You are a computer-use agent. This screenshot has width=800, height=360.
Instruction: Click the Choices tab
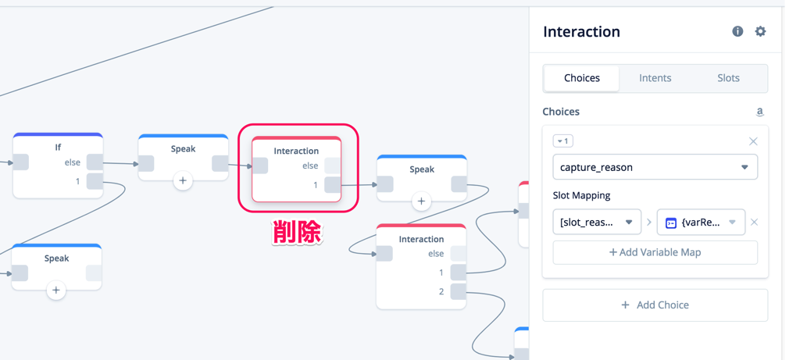pyautogui.click(x=581, y=78)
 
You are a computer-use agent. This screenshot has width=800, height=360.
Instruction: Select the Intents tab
pyautogui.click(x=655, y=78)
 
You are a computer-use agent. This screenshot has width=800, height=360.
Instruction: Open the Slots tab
pyautogui.click(x=728, y=78)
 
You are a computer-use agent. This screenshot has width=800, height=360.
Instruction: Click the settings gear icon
pyautogui.click(x=760, y=31)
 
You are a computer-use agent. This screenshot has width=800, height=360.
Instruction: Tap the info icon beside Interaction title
pyautogui.click(x=737, y=31)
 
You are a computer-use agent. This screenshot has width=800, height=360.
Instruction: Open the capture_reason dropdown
pyautogui.click(x=655, y=167)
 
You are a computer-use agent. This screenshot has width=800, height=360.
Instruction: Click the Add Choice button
pyautogui.click(x=655, y=305)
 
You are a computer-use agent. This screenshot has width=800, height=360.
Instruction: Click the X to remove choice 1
pyautogui.click(x=753, y=141)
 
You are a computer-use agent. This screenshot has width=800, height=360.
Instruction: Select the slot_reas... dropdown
pyautogui.click(x=596, y=223)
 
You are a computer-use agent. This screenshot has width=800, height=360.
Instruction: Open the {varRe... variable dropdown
pyautogui.click(x=701, y=223)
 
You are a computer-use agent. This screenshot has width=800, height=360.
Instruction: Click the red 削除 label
pyautogui.click(x=297, y=232)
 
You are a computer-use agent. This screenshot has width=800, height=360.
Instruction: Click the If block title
pyautogui.click(x=58, y=147)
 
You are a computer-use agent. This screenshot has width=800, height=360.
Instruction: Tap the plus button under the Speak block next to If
pyautogui.click(x=183, y=180)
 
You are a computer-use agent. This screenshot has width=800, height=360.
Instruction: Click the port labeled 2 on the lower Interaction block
pyautogui.click(x=459, y=291)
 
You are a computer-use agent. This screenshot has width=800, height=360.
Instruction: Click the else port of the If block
pyautogui.click(x=95, y=162)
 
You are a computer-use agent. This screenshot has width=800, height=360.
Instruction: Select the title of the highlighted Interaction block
pyautogui.click(x=296, y=151)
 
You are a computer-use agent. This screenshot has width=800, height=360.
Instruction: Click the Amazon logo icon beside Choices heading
pyautogui.click(x=759, y=112)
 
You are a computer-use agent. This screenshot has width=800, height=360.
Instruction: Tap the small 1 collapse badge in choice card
pyautogui.click(x=562, y=141)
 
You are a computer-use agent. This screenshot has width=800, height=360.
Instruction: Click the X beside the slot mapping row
pyautogui.click(x=754, y=223)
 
